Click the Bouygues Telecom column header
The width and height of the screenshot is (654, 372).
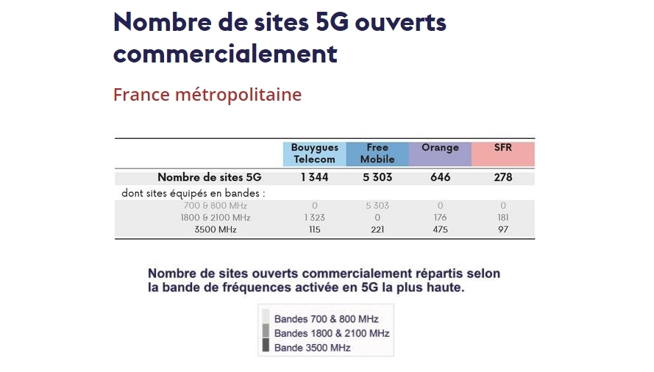(x=314, y=154)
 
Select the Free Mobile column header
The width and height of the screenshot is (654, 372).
(x=377, y=154)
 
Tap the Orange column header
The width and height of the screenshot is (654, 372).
(x=440, y=149)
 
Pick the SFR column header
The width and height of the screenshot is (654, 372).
(x=503, y=148)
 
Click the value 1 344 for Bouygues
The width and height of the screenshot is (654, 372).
(x=314, y=177)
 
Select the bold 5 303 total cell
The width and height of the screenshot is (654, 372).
(x=377, y=177)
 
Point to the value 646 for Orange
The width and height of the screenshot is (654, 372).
(x=440, y=177)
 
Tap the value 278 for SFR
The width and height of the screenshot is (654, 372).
(x=503, y=177)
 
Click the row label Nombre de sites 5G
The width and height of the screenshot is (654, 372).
(x=210, y=177)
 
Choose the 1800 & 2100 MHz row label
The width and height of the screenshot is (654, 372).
(x=216, y=218)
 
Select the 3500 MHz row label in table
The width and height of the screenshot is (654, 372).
(x=216, y=230)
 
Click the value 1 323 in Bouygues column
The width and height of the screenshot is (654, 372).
(x=314, y=218)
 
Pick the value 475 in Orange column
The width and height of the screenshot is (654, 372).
(x=440, y=230)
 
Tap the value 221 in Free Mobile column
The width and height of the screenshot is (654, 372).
(x=377, y=230)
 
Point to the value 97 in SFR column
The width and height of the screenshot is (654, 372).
(x=503, y=230)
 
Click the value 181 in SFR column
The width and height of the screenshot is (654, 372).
(x=503, y=218)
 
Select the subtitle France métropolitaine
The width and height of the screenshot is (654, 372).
(x=207, y=95)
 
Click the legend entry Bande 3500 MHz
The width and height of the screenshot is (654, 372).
(x=312, y=348)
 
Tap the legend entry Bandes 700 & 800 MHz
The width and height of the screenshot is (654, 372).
(x=326, y=319)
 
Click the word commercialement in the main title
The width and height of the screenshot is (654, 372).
(x=225, y=54)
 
